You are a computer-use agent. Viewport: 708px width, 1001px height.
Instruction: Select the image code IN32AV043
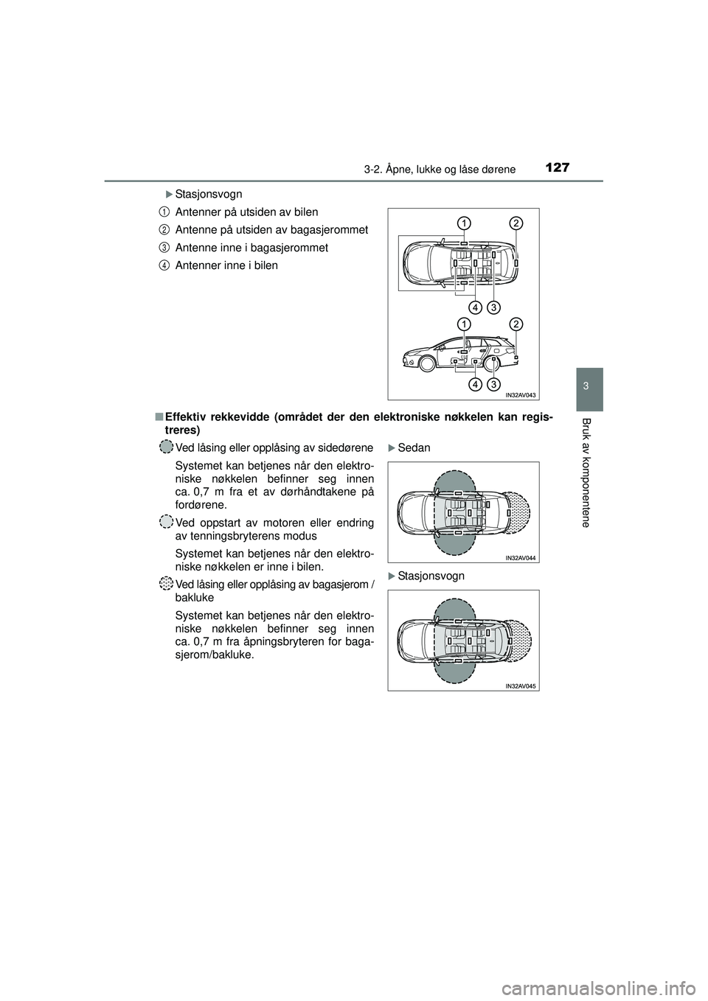pyautogui.click(x=521, y=394)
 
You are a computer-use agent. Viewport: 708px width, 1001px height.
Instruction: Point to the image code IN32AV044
pyautogui.click(x=521, y=558)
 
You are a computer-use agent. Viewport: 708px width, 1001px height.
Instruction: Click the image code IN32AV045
pyautogui.click(x=521, y=686)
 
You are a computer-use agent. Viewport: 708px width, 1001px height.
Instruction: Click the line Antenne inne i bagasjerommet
pyautogui.click(x=251, y=248)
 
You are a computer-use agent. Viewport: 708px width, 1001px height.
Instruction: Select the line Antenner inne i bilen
pyautogui.click(x=226, y=265)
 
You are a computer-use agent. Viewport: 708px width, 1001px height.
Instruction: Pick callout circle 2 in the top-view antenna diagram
pyautogui.click(x=516, y=223)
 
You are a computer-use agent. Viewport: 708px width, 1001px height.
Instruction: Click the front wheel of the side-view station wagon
pyautogui.click(x=426, y=363)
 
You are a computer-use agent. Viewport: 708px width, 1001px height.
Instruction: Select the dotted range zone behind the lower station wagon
pyautogui.click(x=519, y=640)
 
